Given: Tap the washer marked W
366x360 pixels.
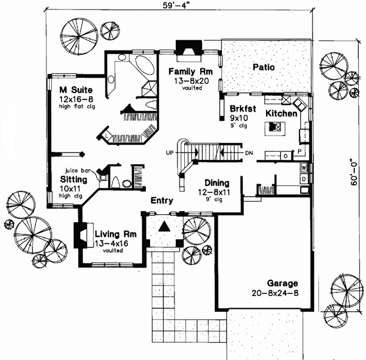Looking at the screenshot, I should click(303, 167).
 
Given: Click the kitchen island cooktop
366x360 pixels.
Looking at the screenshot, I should click(273, 128).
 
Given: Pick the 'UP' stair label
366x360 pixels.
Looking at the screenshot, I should click(170, 153).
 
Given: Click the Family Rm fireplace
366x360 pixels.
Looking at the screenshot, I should click(185, 48).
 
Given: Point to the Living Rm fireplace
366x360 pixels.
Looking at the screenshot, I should click(79, 235).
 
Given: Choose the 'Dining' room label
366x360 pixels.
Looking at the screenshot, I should click(217, 182).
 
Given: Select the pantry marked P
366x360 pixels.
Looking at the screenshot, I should click(300, 151).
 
